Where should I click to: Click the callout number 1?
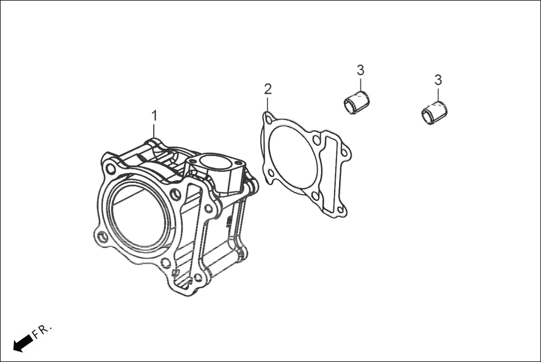point(154,116)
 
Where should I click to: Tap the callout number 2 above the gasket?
point(268,89)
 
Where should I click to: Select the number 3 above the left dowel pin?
point(360,70)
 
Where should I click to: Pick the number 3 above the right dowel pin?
point(438,80)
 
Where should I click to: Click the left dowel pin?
point(357,102)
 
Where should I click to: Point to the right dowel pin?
point(434,112)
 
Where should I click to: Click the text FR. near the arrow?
point(42,331)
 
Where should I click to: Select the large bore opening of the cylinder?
point(138,216)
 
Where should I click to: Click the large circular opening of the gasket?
point(292,157)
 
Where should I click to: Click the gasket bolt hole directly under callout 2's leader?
point(269,120)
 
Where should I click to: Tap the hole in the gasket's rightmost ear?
point(344,152)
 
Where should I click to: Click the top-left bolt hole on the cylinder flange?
point(111,168)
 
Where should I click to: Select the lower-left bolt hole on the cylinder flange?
point(102,237)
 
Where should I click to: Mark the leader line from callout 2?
point(268,104)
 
